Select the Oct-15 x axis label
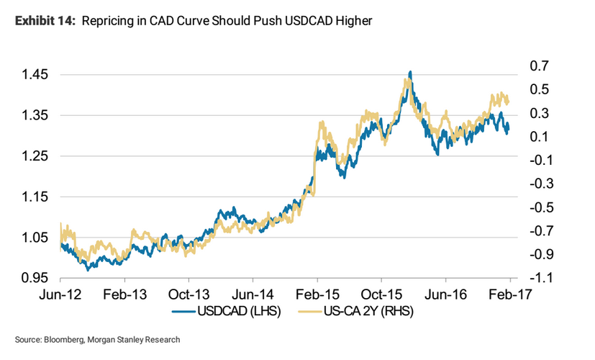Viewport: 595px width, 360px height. [x=381, y=294]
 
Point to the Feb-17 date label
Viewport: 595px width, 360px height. [x=509, y=294]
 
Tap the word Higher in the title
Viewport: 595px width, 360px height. [x=353, y=21]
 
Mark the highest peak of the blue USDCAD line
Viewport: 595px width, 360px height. [x=410, y=72]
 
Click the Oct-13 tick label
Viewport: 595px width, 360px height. [x=189, y=294]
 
